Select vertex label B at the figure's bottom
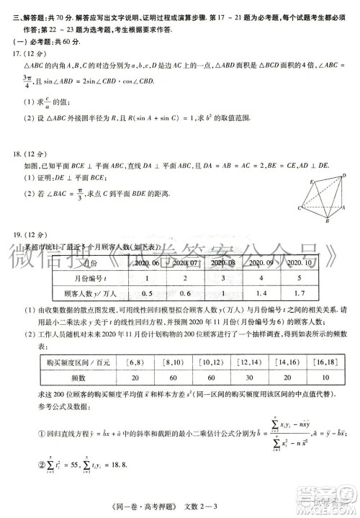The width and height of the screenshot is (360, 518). click(325, 223)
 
